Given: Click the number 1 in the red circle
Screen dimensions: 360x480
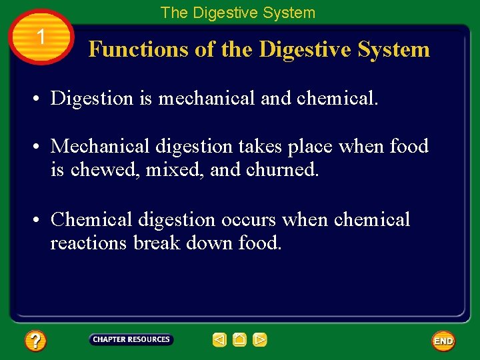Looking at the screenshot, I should [41, 37].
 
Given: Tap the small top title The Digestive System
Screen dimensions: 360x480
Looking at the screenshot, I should [238, 12].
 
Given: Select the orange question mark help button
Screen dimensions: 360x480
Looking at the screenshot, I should [35, 341].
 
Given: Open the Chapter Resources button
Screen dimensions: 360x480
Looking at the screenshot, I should [131, 340].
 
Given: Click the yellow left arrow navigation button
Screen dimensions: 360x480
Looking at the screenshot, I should [220, 340].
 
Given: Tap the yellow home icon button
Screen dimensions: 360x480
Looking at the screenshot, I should [240, 340].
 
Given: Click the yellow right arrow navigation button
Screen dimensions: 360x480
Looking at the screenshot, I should [260, 340].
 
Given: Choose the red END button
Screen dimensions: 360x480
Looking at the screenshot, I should [443, 341].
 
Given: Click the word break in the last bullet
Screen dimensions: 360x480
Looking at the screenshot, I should [156, 243].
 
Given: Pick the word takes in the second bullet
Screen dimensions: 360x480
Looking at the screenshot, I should [261, 146].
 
